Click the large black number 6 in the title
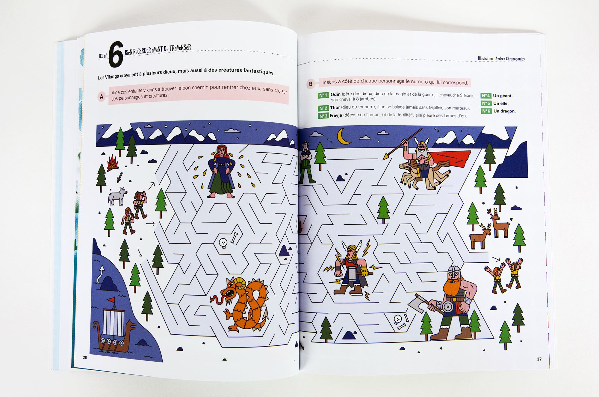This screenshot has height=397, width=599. pyautogui.click(x=116, y=54)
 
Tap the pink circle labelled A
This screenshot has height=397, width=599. pyautogui.click(x=102, y=97)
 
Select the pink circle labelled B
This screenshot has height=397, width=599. pyautogui.click(x=311, y=84)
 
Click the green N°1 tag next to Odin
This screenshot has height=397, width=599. pyautogui.click(x=323, y=95)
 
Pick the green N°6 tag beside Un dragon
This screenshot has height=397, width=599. pyautogui.click(x=486, y=111)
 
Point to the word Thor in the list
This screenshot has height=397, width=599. pyautogui.click(x=335, y=107)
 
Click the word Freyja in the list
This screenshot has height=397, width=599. pyautogui.click(x=336, y=115)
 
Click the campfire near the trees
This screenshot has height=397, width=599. pyautogui.click(x=113, y=163)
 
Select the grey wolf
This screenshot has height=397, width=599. pyautogui.click(x=117, y=196)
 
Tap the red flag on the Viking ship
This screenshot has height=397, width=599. pyautogui.click(x=111, y=300)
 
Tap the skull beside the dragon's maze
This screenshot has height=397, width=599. pyautogui.click(x=223, y=243)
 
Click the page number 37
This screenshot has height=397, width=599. pyautogui.click(x=539, y=359)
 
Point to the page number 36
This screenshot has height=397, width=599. pyautogui.click(x=85, y=357)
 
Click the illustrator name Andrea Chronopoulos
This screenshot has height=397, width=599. pyautogui.click(x=510, y=59)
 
